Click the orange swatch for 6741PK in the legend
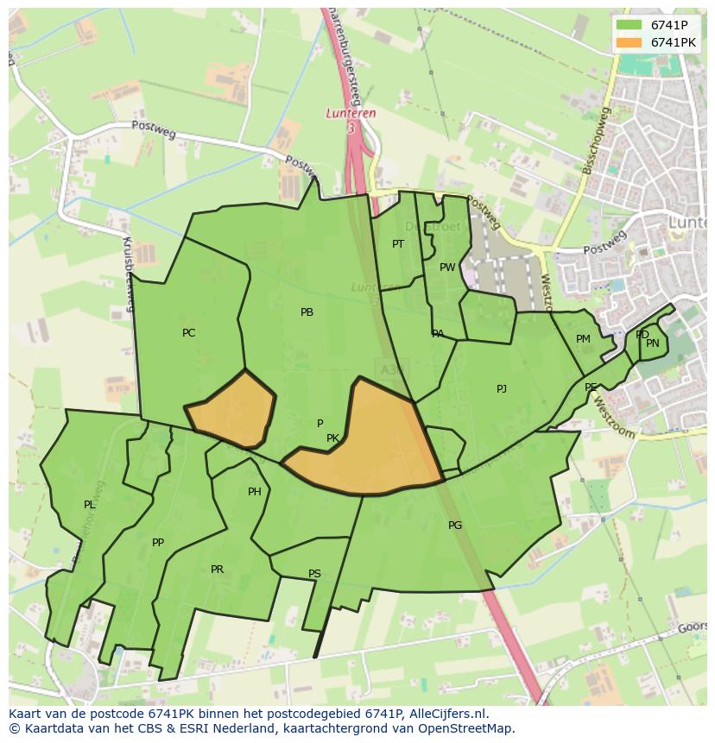coord(630,42)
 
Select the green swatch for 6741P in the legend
coord(630,25)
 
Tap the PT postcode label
coord(398,244)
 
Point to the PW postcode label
coord(447,268)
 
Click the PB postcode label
coord(307,312)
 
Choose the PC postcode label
coord(189,333)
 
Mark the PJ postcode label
coord(502,389)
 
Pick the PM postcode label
coord(583,339)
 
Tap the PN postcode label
coord(653,343)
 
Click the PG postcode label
coord(455,526)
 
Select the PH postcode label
coord(255,492)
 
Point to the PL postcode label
coord(89,505)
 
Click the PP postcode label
coord(158,543)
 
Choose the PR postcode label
coord(217,570)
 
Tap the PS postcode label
coord(314,574)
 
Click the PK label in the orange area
coord(332,438)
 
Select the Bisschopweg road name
coord(597,141)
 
